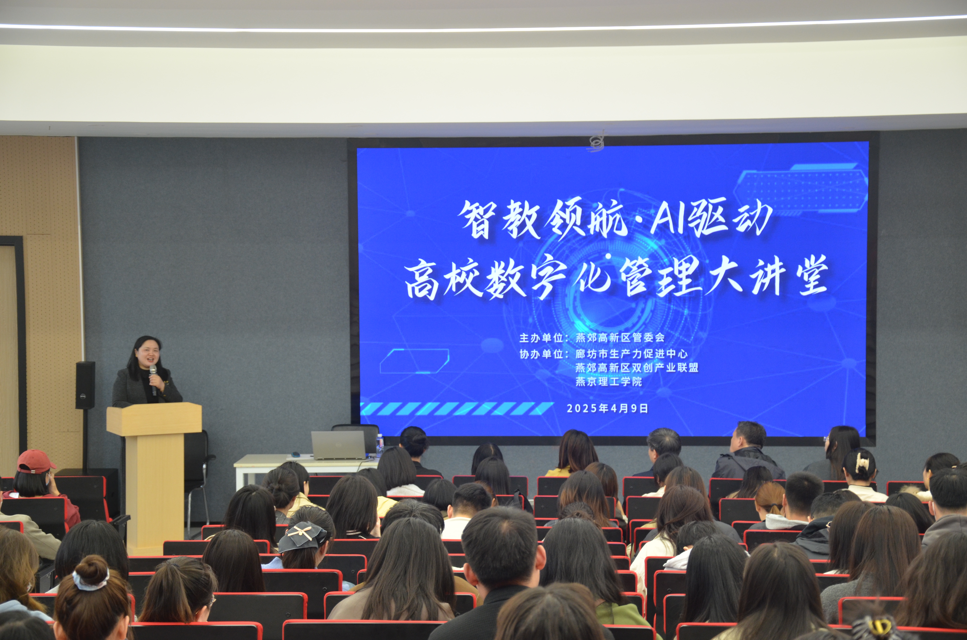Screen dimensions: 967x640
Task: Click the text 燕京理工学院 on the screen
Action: pos(608,382)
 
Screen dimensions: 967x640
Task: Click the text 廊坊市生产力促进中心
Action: pos(631,354)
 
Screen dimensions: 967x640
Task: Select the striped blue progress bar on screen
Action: pos(457,409)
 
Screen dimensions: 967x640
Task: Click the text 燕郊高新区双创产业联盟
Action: pos(637,368)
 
